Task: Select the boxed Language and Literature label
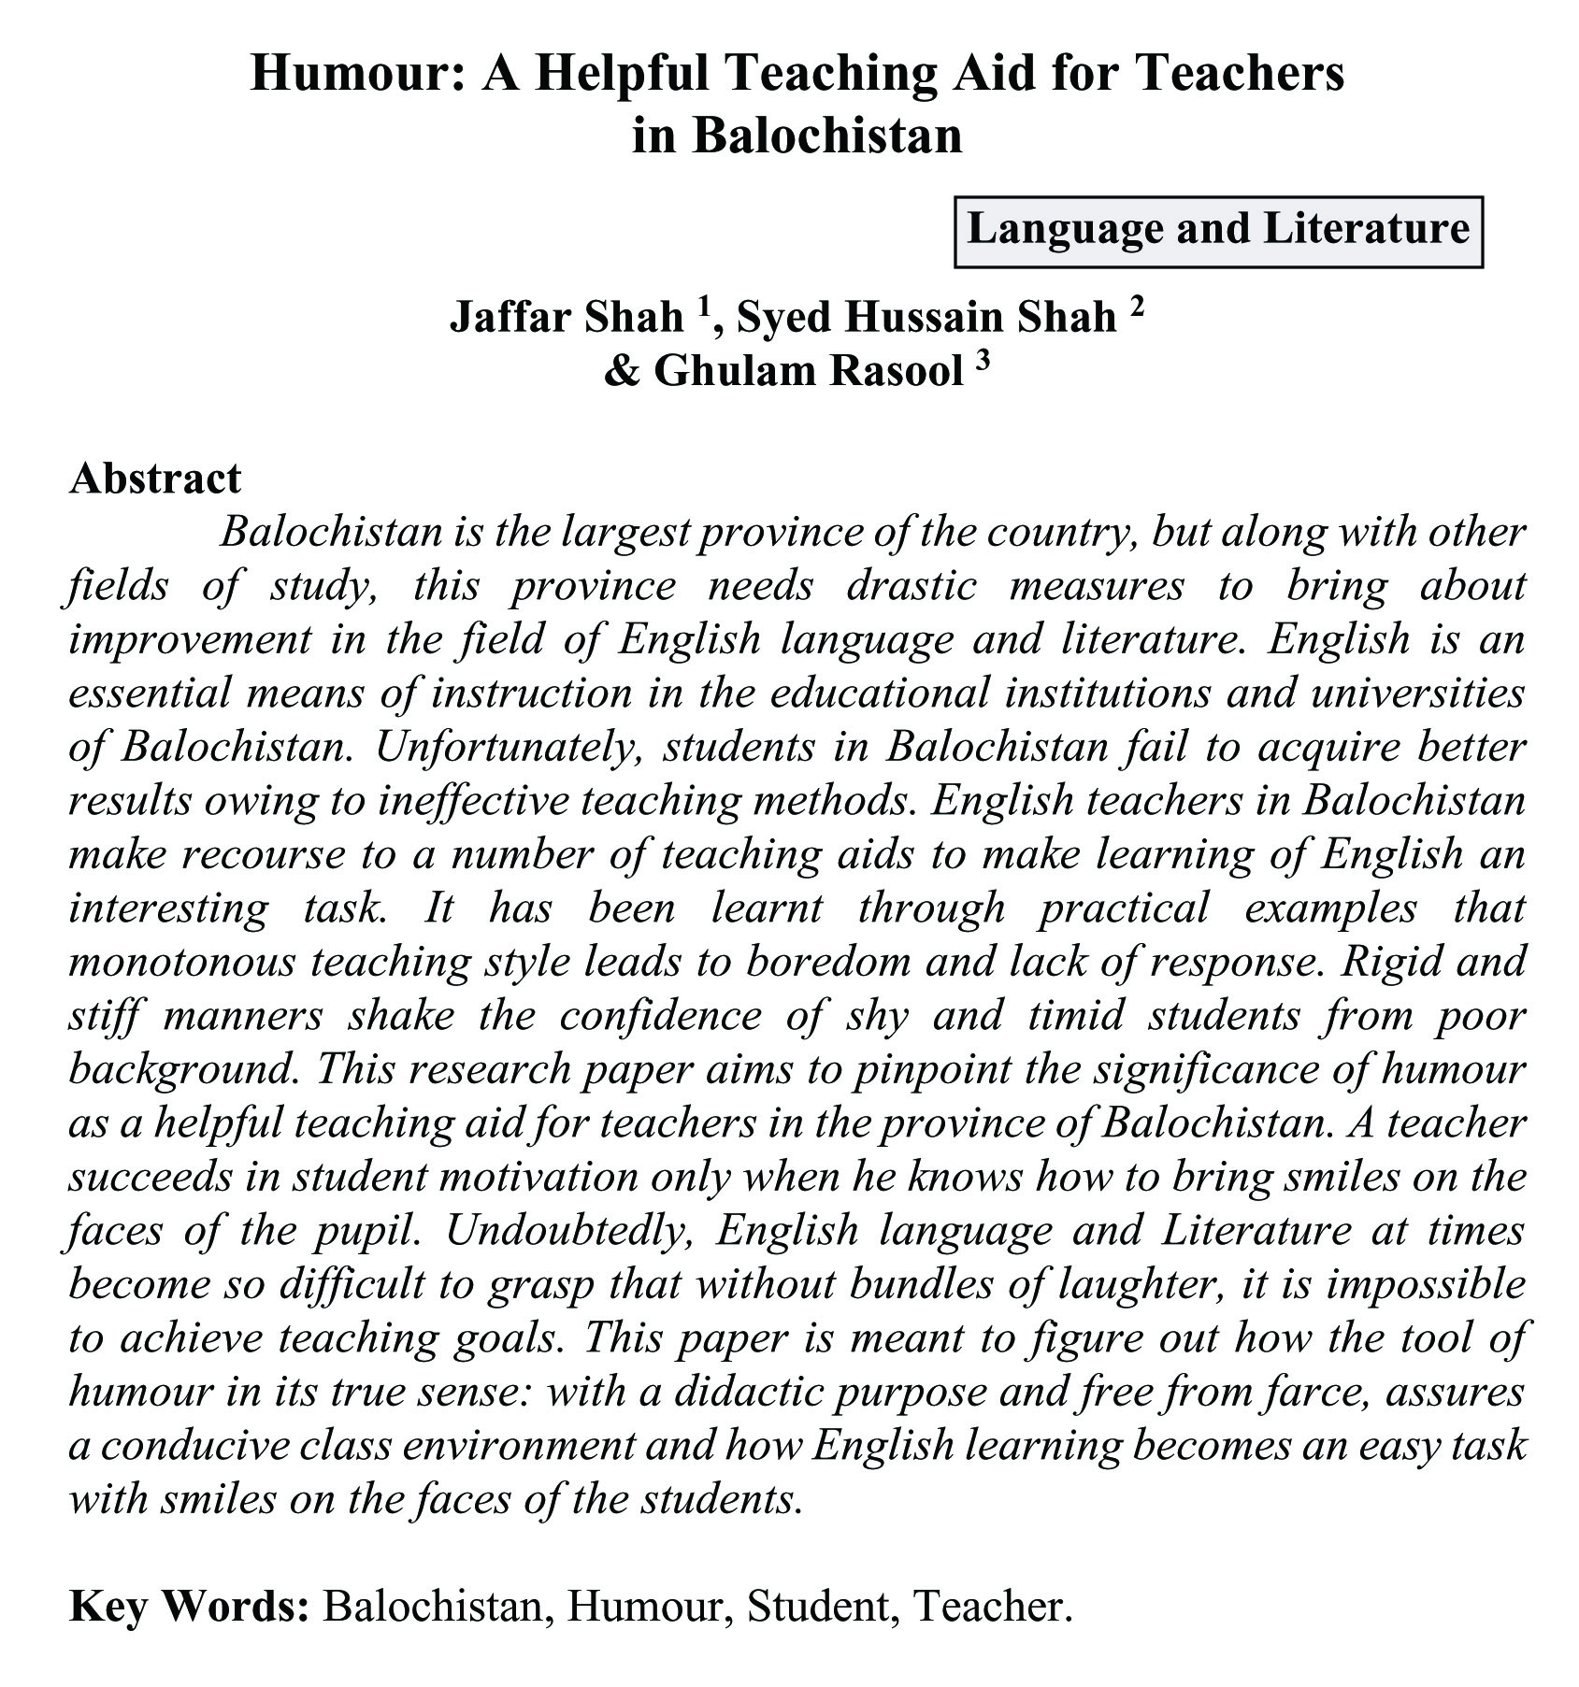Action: [1217, 230]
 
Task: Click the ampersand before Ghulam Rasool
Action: [620, 371]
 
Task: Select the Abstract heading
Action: [155, 478]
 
